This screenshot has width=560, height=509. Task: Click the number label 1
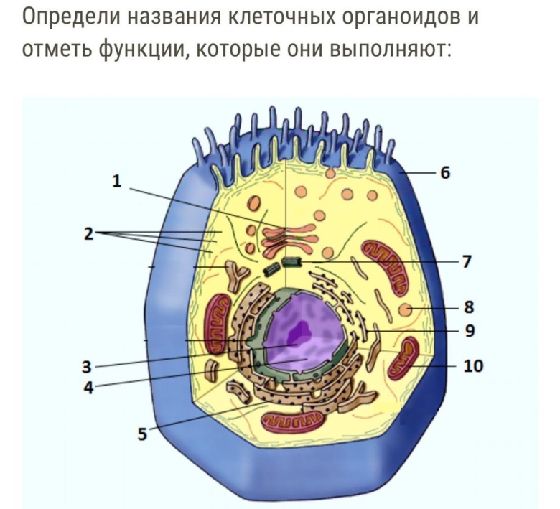(116, 181)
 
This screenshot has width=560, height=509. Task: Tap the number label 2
(88, 233)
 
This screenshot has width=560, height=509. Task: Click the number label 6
(445, 172)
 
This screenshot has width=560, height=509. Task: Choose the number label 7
(467, 262)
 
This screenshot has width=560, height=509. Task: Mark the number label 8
(469, 307)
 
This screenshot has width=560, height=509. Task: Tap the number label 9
(470, 330)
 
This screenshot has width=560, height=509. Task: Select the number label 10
(473, 366)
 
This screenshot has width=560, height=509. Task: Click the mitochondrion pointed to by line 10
(404, 357)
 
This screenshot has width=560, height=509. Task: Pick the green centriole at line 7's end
(291, 263)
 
